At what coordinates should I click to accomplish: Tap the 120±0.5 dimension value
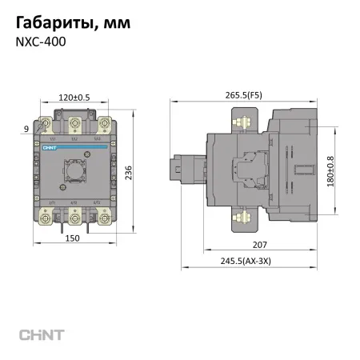coord(74,98)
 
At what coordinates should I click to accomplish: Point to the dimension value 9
coord(26,127)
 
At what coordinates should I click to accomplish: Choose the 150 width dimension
coord(74,238)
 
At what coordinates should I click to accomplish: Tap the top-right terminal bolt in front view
coord(103,125)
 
